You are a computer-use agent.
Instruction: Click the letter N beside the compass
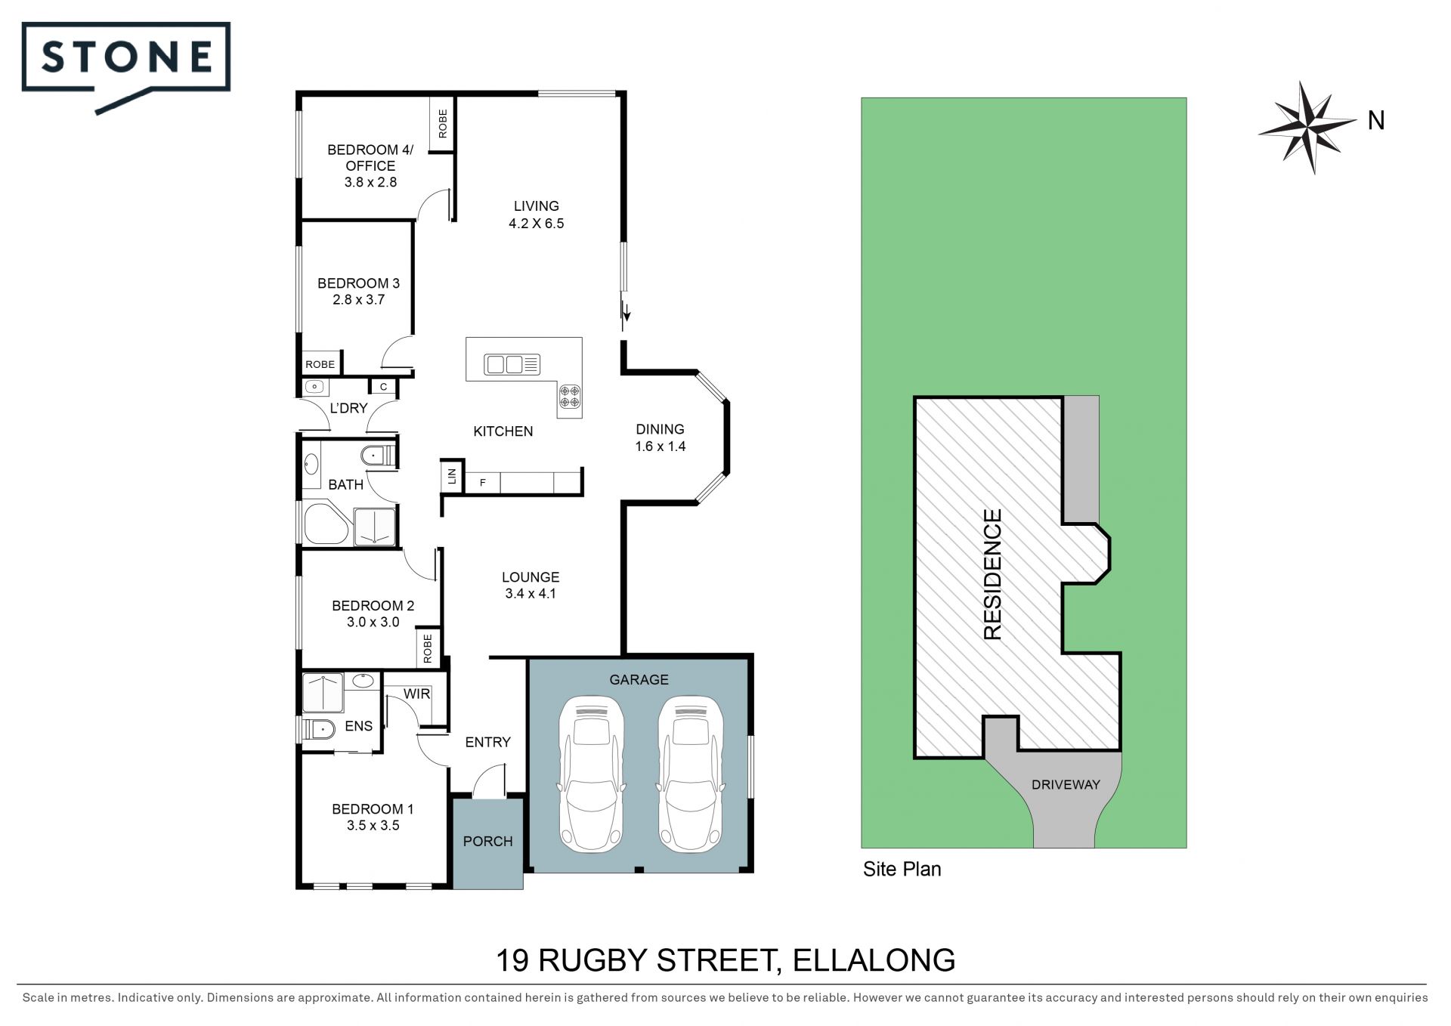pyautogui.click(x=1376, y=121)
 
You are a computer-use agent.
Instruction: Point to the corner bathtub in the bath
pyautogui.click(x=326, y=523)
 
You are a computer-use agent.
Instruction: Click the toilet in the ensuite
pyautogui.click(x=319, y=730)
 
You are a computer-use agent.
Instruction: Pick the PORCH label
pyautogui.click(x=487, y=841)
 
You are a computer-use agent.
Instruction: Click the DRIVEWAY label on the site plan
pyautogui.click(x=1066, y=785)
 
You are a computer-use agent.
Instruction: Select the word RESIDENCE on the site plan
pyautogui.click(x=992, y=574)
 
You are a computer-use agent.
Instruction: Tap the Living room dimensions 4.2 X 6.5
pyautogui.click(x=537, y=224)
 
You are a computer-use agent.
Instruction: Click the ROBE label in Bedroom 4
pyautogui.click(x=443, y=123)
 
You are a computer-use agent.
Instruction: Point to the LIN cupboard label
pyautogui.click(x=452, y=476)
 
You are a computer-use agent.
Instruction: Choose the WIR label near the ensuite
pyautogui.click(x=416, y=694)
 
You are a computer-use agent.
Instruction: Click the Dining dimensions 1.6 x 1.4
pyautogui.click(x=661, y=447)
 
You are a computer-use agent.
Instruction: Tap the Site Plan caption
pyautogui.click(x=902, y=870)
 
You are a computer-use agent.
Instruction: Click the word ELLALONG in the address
pyautogui.click(x=874, y=960)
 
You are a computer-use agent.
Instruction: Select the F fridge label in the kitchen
pyautogui.click(x=483, y=483)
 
